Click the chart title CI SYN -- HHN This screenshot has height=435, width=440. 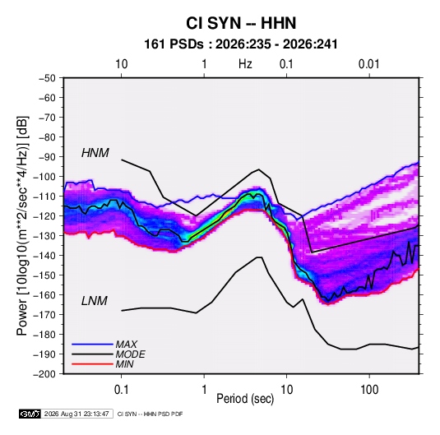coord(241,23)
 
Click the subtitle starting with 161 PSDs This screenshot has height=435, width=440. coord(241,44)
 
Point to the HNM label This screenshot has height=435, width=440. coord(95,153)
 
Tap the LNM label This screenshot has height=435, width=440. coord(95,301)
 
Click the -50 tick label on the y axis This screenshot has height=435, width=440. coord(48,78)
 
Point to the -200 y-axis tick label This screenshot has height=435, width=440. coord(45,374)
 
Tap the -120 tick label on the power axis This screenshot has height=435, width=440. coord(45,216)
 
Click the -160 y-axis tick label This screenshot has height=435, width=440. coord(45,295)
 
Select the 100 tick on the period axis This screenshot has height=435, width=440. coord(369,389)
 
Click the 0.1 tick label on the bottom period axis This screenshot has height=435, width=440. coord(121,389)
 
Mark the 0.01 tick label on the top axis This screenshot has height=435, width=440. coord(369,64)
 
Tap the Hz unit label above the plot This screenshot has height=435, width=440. coord(245,64)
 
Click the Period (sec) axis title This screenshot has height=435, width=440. coord(245,399)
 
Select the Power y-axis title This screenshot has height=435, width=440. coord(22,225)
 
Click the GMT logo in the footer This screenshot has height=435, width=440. coord(30,414)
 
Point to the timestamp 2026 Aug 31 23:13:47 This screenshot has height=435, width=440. coord(76,414)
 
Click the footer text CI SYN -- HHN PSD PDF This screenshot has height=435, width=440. coord(151,414)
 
